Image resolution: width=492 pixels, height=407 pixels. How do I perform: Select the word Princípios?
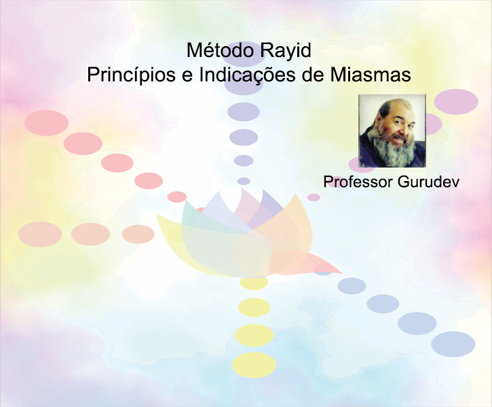(131, 76)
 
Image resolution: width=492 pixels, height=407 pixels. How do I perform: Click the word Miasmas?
(371, 75)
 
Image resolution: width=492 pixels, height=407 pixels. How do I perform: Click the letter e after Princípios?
(187, 77)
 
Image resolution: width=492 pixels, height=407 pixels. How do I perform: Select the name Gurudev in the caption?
(428, 182)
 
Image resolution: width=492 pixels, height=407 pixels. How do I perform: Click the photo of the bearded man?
(392, 130)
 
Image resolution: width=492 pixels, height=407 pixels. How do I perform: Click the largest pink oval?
(46, 123)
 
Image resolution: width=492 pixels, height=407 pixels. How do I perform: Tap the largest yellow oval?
(254, 365)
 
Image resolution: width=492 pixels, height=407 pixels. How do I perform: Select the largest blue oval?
(453, 345)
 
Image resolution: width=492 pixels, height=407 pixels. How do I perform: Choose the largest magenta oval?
(456, 102)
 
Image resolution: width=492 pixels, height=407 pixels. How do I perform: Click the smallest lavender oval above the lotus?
(244, 181)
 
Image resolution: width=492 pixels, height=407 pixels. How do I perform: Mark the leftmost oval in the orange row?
(40, 234)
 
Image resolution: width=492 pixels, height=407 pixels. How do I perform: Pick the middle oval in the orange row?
(90, 234)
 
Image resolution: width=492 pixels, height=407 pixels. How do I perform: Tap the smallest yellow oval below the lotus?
(254, 282)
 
